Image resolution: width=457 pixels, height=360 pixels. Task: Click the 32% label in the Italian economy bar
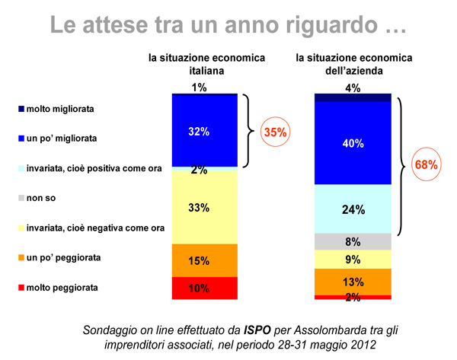point(199,132)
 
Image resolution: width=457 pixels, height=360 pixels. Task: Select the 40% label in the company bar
point(352,143)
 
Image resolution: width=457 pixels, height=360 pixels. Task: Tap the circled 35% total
point(274,132)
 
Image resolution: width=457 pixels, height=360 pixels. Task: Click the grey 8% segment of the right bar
point(352,242)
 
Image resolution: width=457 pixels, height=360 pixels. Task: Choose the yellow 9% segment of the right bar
point(352,260)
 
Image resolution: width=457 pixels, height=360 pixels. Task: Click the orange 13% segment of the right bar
point(352,282)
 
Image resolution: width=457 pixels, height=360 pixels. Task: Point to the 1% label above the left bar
point(199,88)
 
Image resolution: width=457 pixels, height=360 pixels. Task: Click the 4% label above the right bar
point(352,88)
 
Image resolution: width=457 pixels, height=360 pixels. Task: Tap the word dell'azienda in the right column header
point(353,71)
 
